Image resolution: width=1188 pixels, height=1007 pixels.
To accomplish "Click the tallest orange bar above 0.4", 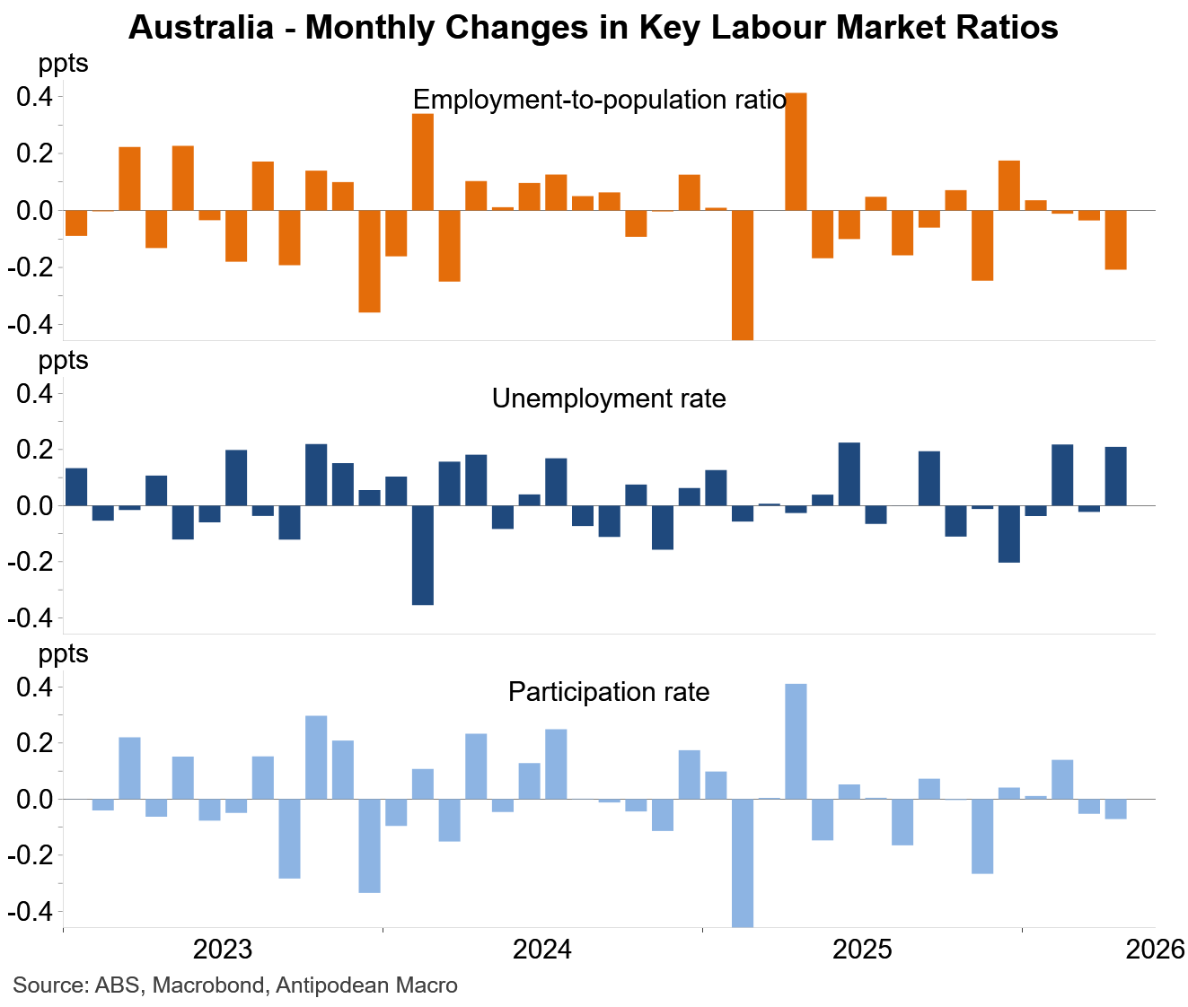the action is click(796, 151).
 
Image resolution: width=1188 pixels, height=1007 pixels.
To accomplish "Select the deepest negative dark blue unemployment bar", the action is click(422, 555).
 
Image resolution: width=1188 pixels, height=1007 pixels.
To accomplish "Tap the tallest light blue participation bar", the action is click(796, 741).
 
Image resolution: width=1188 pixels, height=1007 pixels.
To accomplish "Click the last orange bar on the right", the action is click(1115, 240).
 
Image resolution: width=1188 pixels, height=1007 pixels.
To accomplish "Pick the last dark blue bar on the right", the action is click(1115, 477).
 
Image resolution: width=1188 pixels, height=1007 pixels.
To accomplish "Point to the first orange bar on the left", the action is click(76, 223).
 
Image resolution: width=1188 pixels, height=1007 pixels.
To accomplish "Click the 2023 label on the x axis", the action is click(223, 950).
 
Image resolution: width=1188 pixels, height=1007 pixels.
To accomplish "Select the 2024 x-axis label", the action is click(542, 950).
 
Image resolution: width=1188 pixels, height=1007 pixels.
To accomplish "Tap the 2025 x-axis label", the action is click(862, 950).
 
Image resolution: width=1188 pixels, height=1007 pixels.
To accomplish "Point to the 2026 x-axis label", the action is click(1156, 950).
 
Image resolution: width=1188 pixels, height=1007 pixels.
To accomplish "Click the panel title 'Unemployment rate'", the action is click(609, 398).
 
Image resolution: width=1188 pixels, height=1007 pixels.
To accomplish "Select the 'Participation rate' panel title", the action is click(609, 692).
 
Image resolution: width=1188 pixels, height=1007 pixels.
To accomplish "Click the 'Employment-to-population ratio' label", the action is click(600, 100).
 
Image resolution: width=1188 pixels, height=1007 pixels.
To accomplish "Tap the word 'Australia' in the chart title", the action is click(201, 27).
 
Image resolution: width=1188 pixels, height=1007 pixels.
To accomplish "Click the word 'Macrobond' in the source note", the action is click(208, 985).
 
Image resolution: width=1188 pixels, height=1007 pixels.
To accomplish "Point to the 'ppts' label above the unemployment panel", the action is click(63, 360).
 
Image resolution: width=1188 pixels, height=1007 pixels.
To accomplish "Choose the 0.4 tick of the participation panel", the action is click(34, 687).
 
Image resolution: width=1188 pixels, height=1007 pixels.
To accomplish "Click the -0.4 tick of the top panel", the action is click(31, 325).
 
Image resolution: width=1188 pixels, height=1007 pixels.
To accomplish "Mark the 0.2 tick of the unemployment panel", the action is click(34, 450).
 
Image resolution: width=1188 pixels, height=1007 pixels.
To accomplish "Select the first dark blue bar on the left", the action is click(76, 487).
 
